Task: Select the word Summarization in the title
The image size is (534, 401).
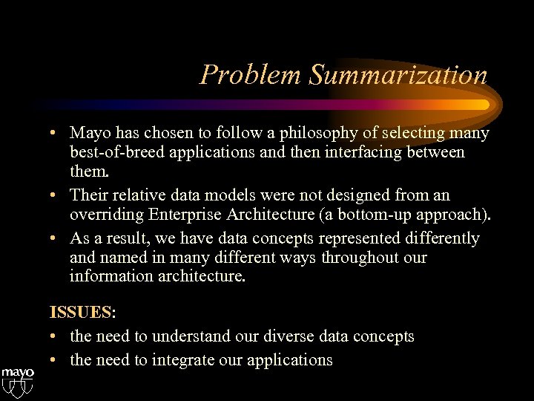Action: pos(398,76)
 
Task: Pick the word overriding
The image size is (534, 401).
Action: pos(107,215)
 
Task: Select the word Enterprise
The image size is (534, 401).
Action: pos(188,215)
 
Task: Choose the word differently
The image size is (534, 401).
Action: pos(438,238)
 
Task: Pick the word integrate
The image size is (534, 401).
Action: pos(190,360)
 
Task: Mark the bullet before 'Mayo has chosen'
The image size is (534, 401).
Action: pos(56,134)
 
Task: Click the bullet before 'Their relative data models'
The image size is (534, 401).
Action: pos(56,196)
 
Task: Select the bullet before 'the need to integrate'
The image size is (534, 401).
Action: pos(56,360)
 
